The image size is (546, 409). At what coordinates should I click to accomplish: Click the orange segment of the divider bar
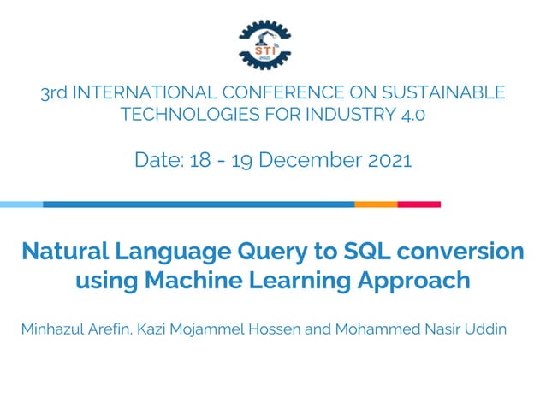[x=376, y=204]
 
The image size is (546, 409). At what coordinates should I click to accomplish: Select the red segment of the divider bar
[x=418, y=204]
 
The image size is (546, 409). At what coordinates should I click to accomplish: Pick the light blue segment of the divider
[x=21, y=204]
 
